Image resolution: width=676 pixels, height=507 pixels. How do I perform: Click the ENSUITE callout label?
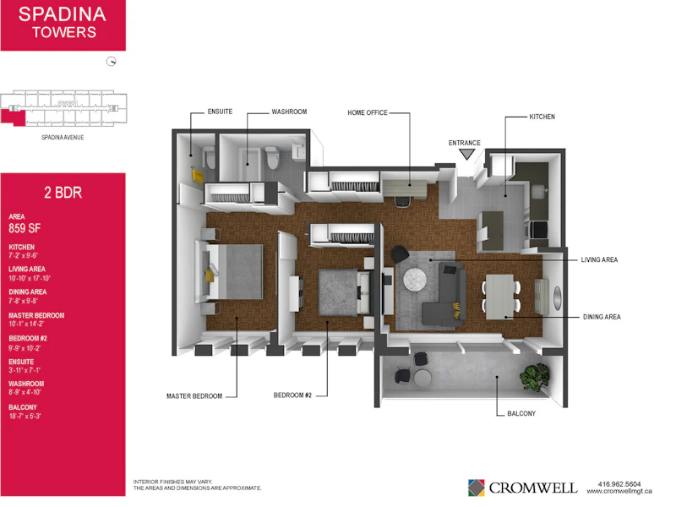coord(220,112)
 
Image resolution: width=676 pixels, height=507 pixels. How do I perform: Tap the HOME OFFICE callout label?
coord(368,112)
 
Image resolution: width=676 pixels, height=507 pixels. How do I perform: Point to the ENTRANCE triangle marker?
coord(466,154)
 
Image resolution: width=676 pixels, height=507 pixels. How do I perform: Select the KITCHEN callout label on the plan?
coord(542,117)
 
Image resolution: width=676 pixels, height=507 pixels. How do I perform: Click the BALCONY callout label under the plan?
coord(521,413)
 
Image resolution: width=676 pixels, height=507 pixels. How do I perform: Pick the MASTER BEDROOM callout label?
coord(194,396)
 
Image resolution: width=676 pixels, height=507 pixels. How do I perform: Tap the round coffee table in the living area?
coord(415,279)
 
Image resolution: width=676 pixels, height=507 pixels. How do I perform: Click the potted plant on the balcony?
coord(535,377)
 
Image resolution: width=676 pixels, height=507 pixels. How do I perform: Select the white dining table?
coord(500,297)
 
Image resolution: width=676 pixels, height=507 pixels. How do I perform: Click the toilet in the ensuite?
coord(210,158)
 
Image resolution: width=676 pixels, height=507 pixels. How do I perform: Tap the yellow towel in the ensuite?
coord(198,177)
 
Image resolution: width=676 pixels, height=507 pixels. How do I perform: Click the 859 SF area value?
coord(25,228)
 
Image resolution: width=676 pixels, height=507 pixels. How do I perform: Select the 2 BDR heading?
coord(63,193)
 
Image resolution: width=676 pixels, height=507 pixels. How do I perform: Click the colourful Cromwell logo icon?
coord(476,488)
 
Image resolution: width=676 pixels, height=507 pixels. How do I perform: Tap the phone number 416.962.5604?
coord(619,484)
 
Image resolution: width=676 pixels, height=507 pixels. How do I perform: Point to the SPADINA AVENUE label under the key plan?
coord(63,138)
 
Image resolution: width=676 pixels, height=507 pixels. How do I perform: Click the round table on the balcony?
coord(422,378)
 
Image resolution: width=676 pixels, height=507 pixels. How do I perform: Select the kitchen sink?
coord(539,191)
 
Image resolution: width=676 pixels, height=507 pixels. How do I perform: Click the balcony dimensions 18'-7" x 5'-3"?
coord(25,417)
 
